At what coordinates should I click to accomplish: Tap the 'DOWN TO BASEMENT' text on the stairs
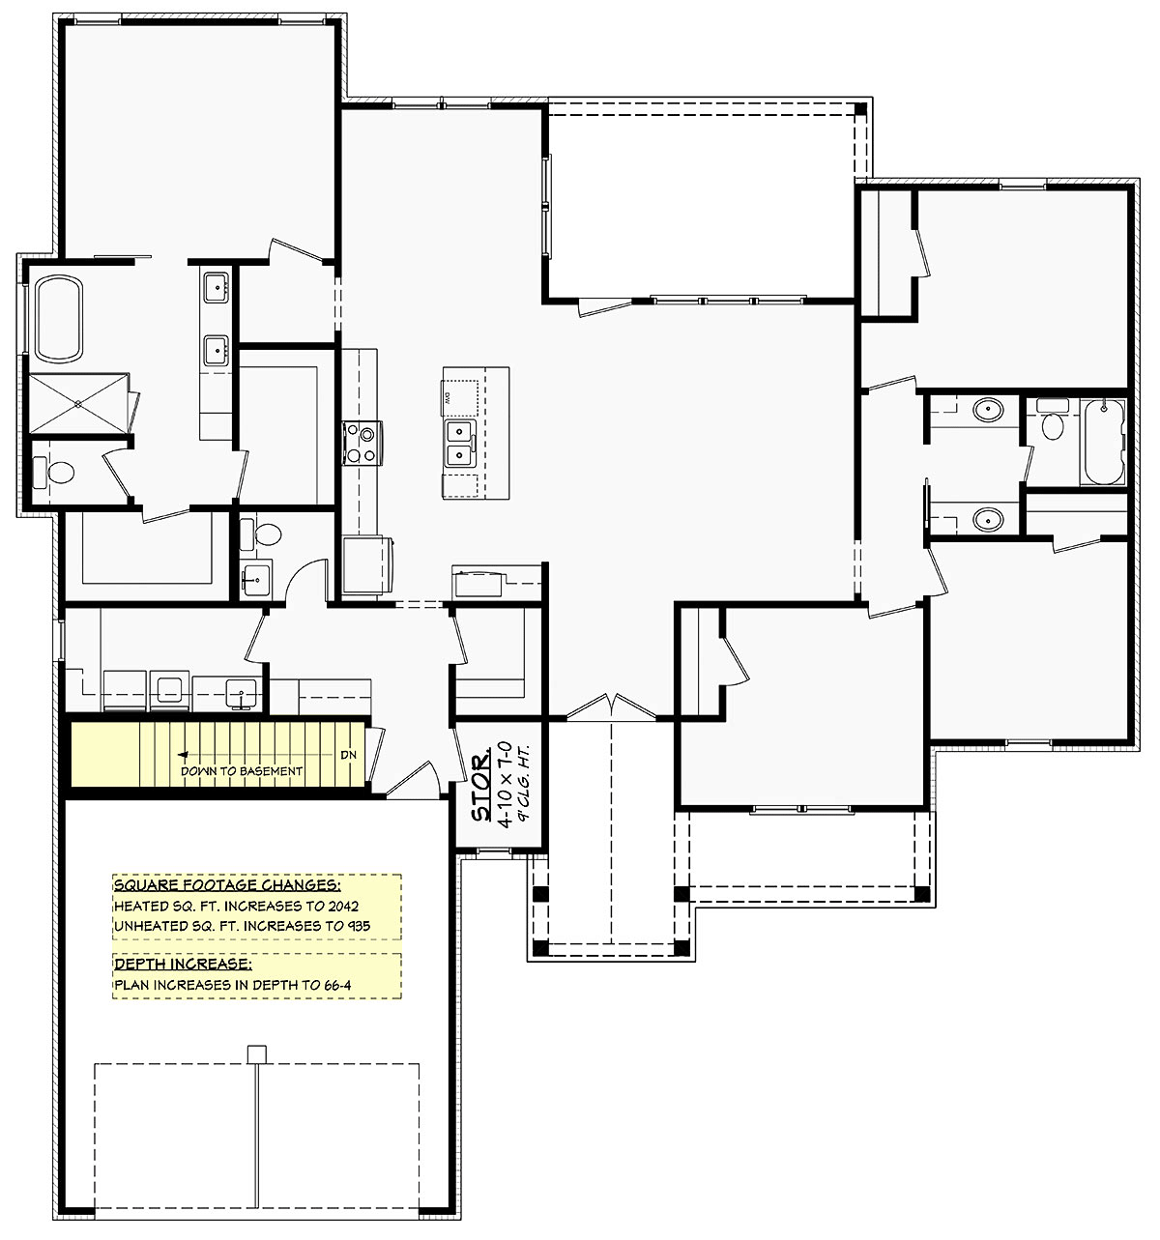pyautogui.click(x=241, y=771)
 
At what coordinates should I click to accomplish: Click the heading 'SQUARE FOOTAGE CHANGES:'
pyautogui.click(x=227, y=884)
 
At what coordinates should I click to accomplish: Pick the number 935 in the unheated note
pyautogui.click(x=358, y=925)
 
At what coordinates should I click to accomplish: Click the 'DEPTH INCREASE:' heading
pyautogui.click(x=183, y=964)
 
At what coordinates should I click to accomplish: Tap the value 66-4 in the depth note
pyautogui.click(x=337, y=985)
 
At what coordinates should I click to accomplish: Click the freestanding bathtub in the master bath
pyautogui.click(x=59, y=319)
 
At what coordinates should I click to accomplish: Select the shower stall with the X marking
pyautogui.click(x=78, y=403)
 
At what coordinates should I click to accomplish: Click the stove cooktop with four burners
pyautogui.click(x=362, y=443)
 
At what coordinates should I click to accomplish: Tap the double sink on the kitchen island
pyautogui.click(x=460, y=444)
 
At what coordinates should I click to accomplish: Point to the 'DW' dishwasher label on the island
pyautogui.click(x=448, y=398)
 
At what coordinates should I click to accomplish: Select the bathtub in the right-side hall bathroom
pyautogui.click(x=1103, y=443)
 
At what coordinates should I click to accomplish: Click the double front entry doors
pyautogui.click(x=611, y=707)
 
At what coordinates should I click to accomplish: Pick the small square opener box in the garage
pyautogui.click(x=257, y=1054)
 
